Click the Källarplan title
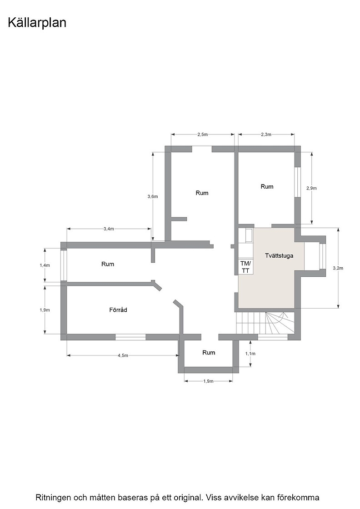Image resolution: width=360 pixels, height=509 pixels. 37,23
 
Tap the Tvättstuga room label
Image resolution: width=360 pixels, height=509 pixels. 279,255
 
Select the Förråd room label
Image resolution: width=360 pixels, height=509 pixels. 118,309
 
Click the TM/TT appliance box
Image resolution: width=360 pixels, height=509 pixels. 246,266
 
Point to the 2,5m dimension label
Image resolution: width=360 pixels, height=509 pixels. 202,135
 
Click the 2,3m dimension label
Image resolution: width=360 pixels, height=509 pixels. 266,135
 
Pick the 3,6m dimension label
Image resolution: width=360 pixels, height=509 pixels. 153,196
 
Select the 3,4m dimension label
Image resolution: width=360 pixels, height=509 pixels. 109,229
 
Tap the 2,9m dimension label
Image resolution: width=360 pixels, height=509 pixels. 311,188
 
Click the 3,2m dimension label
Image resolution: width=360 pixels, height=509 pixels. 338,268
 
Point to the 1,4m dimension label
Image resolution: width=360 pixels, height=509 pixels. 45,265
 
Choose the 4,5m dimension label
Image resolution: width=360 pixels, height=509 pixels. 123,355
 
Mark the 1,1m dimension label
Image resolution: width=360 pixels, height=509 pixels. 250,354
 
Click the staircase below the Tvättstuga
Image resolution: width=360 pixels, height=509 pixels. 265,323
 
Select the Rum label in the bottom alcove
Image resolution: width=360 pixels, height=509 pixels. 209,353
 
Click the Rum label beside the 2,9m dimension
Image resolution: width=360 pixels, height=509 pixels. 267,186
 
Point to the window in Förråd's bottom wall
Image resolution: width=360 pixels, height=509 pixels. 130,337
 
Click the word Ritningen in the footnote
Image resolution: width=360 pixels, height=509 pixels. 53,497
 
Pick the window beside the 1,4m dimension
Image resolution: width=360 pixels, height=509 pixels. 64,265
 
